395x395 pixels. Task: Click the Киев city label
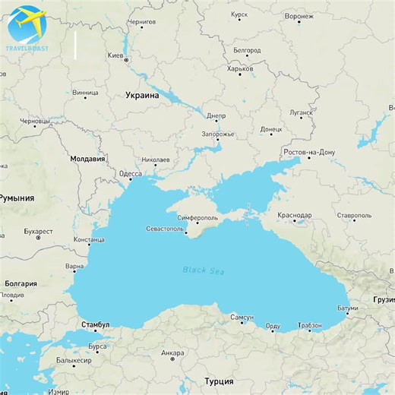pyautogui.click(x=115, y=55)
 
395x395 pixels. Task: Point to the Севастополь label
pyautogui.click(x=164, y=229)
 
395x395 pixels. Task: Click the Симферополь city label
pyautogui.click(x=197, y=218)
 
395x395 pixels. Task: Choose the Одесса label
pyautogui.click(x=130, y=174)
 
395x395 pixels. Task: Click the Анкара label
pyautogui.click(x=173, y=352)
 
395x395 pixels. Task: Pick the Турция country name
pyautogui.click(x=219, y=381)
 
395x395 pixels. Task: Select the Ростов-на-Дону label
pyautogui.click(x=308, y=152)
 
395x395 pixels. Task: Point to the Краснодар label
pyautogui.click(x=295, y=215)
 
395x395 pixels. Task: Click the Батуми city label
pyautogui.click(x=346, y=308)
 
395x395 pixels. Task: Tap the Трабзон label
pyautogui.click(x=310, y=325)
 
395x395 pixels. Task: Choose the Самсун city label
pyautogui.click(x=242, y=316)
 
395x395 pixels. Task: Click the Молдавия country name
pyautogui.click(x=87, y=160)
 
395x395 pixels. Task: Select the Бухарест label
pyautogui.click(x=38, y=230)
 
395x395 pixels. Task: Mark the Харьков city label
pyautogui.click(x=240, y=68)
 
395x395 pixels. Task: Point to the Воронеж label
pyautogui.click(x=299, y=15)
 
